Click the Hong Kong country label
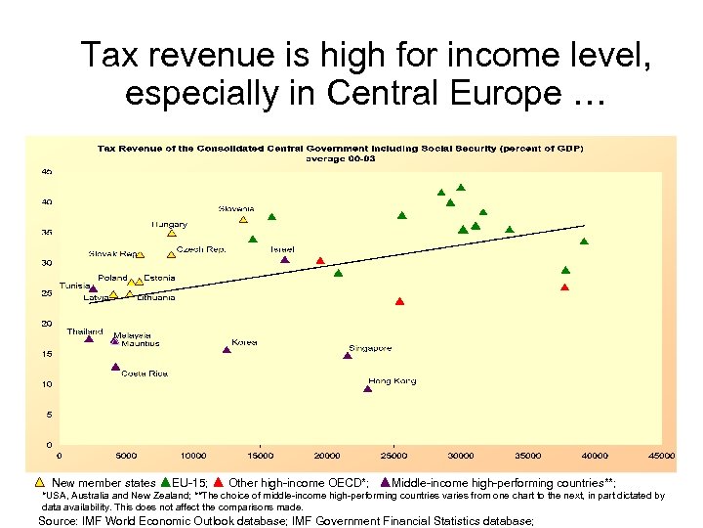click(x=392, y=380)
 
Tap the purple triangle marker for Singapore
click(x=347, y=356)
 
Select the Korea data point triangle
click(x=227, y=349)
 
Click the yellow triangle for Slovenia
click(x=244, y=220)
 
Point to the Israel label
click(x=282, y=249)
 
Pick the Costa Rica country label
click(x=145, y=374)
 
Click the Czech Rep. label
click(x=201, y=249)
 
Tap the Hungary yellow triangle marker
click(x=172, y=233)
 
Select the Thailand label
click(x=85, y=331)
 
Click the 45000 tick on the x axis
click(x=661, y=455)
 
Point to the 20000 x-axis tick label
click(x=326, y=455)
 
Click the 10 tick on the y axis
click(x=46, y=384)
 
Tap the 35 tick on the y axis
click(x=46, y=233)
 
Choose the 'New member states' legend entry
click(x=103, y=483)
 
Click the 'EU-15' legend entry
click(x=188, y=483)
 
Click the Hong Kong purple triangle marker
click(x=368, y=388)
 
